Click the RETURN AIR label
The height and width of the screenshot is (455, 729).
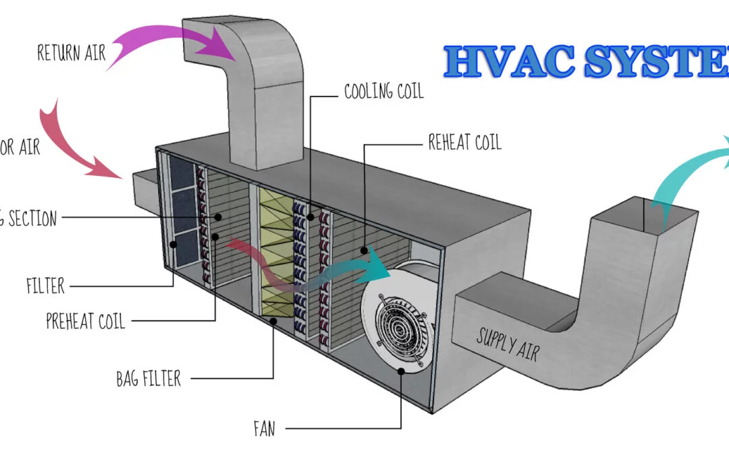click(x=72, y=52)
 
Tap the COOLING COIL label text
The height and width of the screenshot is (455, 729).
click(x=383, y=91)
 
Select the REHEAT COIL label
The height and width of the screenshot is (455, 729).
click(x=464, y=142)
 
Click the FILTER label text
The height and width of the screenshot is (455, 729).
click(x=45, y=285)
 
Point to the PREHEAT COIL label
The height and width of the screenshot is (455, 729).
click(x=85, y=320)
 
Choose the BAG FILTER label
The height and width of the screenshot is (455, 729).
click(x=148, y=378)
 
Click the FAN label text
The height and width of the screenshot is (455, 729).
click(x=265, y=428)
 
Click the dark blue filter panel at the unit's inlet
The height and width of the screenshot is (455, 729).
click(x=181, y=209)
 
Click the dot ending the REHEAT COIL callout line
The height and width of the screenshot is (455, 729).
click(x=364, y=250)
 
